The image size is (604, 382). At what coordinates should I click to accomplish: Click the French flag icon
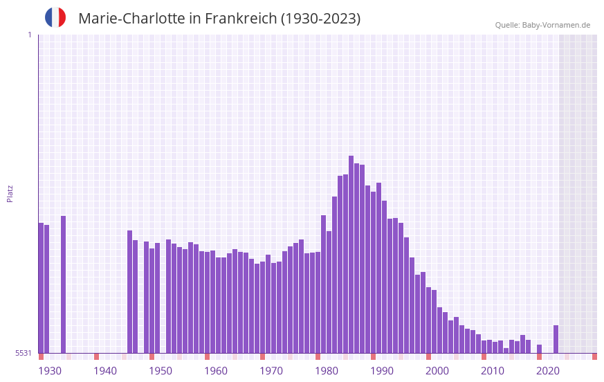[x=55, y=17]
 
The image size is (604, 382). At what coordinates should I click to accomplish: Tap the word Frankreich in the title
[x=240, y=19]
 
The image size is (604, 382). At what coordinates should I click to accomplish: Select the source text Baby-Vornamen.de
[x=556, y=25]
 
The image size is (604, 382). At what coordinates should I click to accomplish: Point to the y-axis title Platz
[x=10, y=193]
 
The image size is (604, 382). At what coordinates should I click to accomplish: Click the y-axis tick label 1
[x=29, y=35]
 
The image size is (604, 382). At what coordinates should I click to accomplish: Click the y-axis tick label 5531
[x=24, y=353]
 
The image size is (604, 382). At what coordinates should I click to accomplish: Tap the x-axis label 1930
[x=50, y=371]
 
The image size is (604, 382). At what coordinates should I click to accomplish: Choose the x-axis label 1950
[x=161, y=371]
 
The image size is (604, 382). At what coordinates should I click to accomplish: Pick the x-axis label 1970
[x=271, y=371]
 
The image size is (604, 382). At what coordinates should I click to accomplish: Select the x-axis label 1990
[x=382, y=371]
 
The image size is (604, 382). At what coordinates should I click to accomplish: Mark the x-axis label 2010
[x=493, y=371]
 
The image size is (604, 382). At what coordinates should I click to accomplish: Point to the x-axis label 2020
[x=548, y=371]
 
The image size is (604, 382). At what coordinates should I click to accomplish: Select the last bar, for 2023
[x=556, y=339]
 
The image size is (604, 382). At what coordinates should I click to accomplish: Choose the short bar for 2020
[x=539, y=349]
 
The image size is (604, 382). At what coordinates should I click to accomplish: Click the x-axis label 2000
[x=437, y=371]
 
